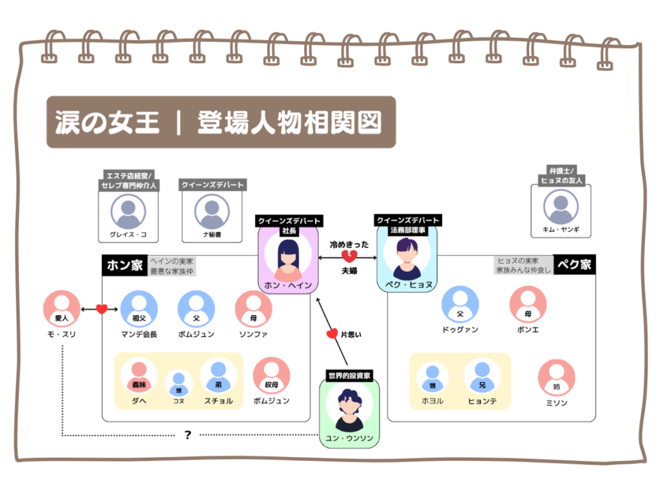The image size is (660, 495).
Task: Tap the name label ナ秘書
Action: tap(212, 235)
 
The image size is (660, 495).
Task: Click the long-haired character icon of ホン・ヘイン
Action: tap(288, 255)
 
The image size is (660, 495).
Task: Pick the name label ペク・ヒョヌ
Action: tap(407, 284)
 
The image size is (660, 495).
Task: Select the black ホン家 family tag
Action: tap(124, 266)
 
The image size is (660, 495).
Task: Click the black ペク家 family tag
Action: tap(574, 266)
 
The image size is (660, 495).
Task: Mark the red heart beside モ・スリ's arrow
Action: tap(101, 309)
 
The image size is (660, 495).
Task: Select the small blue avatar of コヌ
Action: tap(179, 382)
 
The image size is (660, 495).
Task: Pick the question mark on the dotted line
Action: tap(188, 435)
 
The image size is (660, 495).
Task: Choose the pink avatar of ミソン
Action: tap(556, 377)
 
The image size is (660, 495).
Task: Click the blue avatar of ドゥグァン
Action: tap(460, 304)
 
